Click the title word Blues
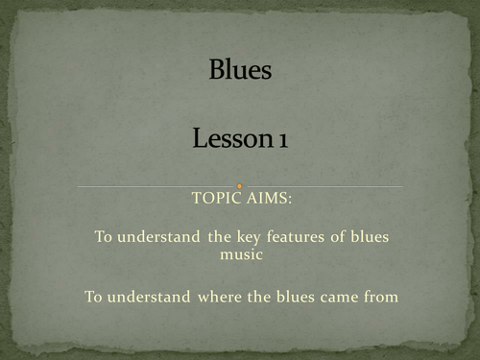(x=239, y=72)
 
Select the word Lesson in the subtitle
(x=229, y=140)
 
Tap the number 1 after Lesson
(x=282, y=140)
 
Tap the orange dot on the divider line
(x=239, y=186)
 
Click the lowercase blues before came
(x=293, y=297)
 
